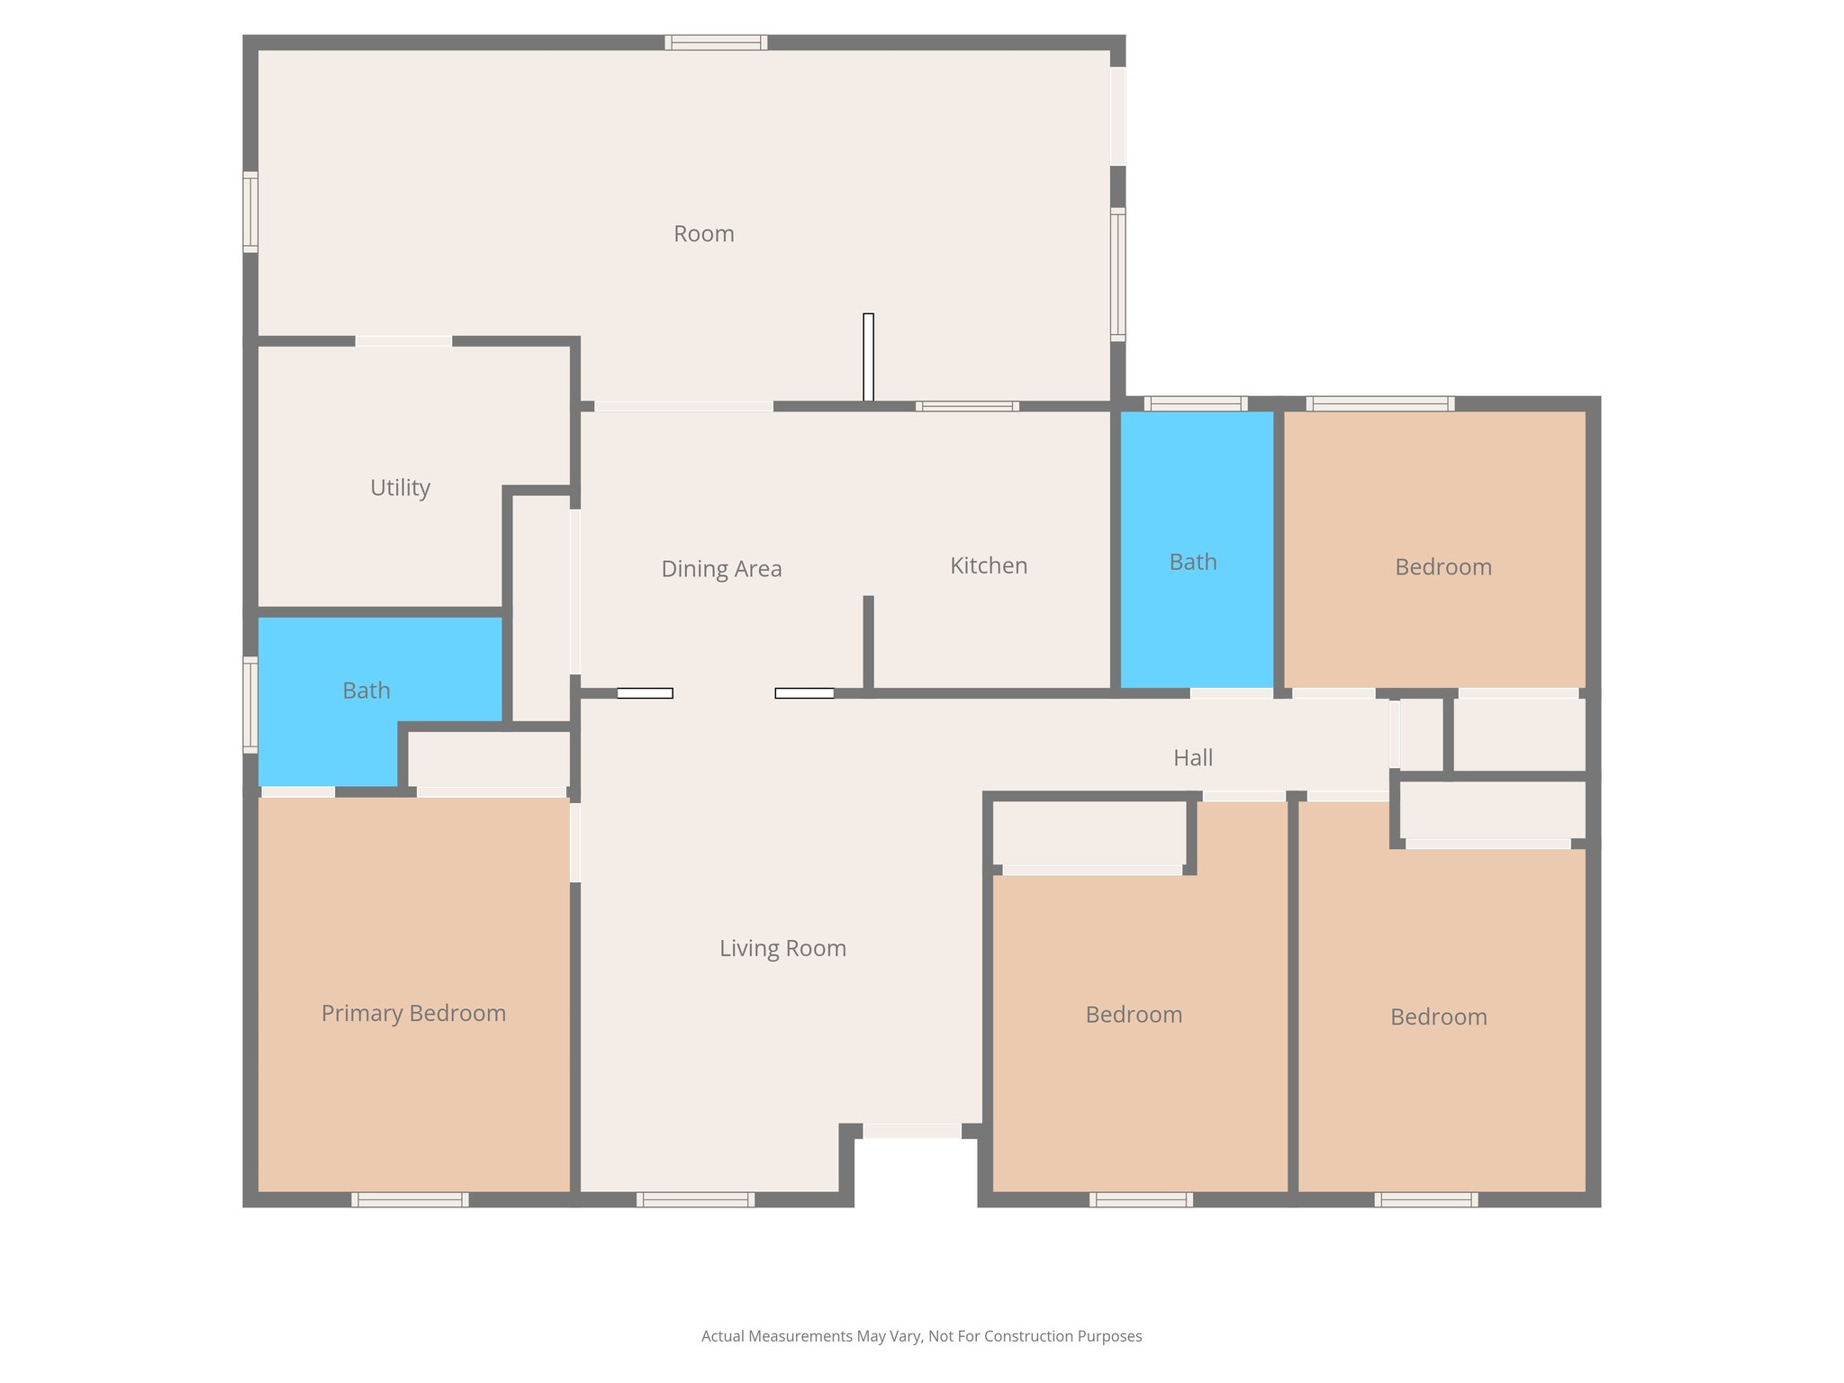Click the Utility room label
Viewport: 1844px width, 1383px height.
[400, 487]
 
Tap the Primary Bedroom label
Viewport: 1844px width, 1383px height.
[413, 1013]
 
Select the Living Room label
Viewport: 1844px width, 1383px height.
[782, 948]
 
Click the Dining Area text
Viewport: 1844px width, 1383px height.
[721, 568]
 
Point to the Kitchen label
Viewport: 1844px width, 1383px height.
[989, 565]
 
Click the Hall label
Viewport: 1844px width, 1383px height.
[1193, 757]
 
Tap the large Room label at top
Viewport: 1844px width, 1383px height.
[703, 233]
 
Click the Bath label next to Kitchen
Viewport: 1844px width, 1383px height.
[1193, 562]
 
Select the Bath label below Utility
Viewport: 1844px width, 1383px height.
[366, 691]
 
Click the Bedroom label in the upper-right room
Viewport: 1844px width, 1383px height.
[1443, 566]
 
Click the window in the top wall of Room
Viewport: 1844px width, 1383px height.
[716, 42]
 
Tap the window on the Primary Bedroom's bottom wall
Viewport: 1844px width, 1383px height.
[410, 1199]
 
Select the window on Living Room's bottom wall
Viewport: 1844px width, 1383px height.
[695, 1199]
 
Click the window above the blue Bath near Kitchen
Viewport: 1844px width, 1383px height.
[1195, 403]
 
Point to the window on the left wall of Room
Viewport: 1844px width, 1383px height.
[250, 212]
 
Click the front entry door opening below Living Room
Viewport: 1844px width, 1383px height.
[912, 1131]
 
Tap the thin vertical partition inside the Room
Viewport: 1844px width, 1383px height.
[868, 357]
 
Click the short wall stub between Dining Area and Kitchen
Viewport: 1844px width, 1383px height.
[868, 643]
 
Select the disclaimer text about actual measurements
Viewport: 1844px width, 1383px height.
[921, 1336]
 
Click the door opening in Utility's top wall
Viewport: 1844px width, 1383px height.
[403, 341]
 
